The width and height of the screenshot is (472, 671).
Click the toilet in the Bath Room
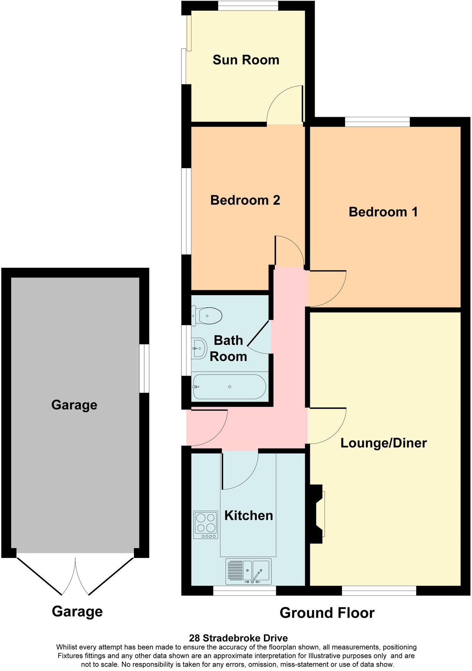tap(208, 316)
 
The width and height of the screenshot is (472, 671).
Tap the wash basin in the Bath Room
tap(199, 348)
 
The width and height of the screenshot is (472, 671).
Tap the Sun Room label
tap(246, 60)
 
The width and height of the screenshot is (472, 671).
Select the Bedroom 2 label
tap(245, 200)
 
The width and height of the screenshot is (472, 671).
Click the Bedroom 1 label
tap(383, 212)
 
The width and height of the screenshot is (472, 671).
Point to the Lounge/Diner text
tap(384, 443)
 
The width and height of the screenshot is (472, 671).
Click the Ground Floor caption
tap(327, 613)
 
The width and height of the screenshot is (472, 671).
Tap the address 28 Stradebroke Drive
tap(238, 638)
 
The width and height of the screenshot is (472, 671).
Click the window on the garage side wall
tap(144, 368)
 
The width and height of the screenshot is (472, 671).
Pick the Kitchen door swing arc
tap(239, 470)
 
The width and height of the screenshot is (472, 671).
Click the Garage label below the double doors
tap(77, 612)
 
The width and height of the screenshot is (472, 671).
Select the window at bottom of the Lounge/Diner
tap(379, 591)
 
